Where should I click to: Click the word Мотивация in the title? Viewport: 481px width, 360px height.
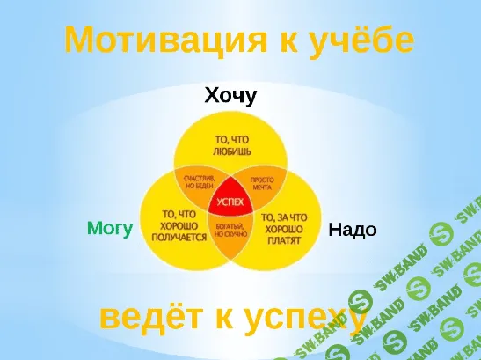pyautogui.click(x=156, y=40)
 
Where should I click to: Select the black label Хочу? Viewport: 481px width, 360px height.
pyautogui.click(x=230, y=95)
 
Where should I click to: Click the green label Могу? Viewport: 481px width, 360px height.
pyautogui.click(x=110, y=229)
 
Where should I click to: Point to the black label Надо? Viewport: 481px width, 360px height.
pyautogui.click(x=353, y=230)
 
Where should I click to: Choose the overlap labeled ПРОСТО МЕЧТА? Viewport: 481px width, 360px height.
pyautogui.click(x=260, y=182)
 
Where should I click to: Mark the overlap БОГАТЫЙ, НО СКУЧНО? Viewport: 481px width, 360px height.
pyautogui.click(x=230, y=231)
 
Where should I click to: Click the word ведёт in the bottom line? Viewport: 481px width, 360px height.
pyautogui.click(x=149, y=318)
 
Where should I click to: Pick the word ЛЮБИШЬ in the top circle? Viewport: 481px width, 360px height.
pyautogui.click(x=233, y=151)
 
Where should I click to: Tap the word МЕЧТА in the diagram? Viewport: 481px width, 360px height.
pyautogui.click(x=262, y=187)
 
